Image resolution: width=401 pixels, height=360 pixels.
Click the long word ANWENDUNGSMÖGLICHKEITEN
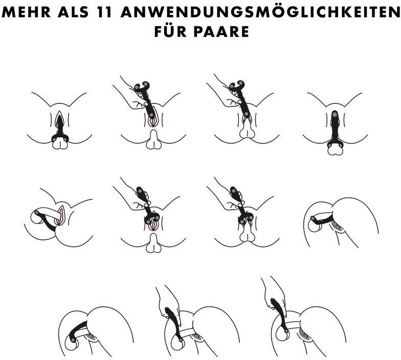click(x=260, y=12)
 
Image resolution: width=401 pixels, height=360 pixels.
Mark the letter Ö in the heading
click(x=262, y=11)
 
